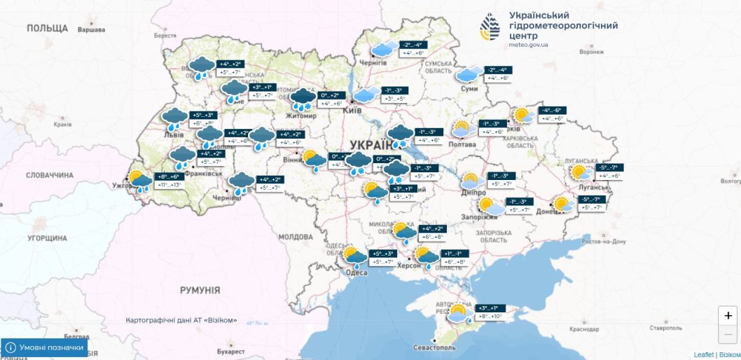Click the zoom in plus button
pos(728,316)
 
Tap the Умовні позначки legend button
pos(44,347)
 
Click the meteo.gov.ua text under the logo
pos(529,45)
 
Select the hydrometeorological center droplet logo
pos(490,29)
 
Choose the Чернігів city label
pos(373,62)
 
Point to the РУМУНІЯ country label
pos(200,290)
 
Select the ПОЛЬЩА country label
pos(48,28)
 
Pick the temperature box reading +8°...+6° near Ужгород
pos(165,177)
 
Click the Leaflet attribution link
pos(703,355)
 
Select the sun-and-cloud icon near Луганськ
pos(581,172)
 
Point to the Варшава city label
pos(90,30)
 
